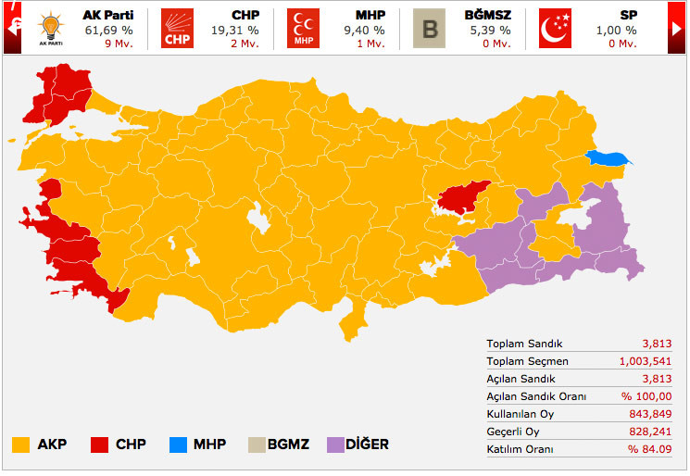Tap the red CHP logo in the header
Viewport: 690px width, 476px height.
click(x=177, y=28)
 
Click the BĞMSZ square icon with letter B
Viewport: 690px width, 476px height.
click(x=429, y=28)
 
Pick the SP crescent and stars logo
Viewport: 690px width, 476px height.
click(x=555, y=28)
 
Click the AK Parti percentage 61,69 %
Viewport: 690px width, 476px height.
click(x=102, y=31)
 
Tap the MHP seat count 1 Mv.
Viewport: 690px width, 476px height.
click(x=370, y=44)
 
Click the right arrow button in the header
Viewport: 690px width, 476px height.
click(x=676, y=28)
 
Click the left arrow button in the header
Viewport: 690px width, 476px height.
click(x=13, y=28)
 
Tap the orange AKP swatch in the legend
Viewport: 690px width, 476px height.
click(x=20, y=445)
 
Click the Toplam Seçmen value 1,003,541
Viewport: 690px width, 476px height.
click(x=646, y=361)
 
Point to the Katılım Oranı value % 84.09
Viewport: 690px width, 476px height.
click(x=650, y=449)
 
